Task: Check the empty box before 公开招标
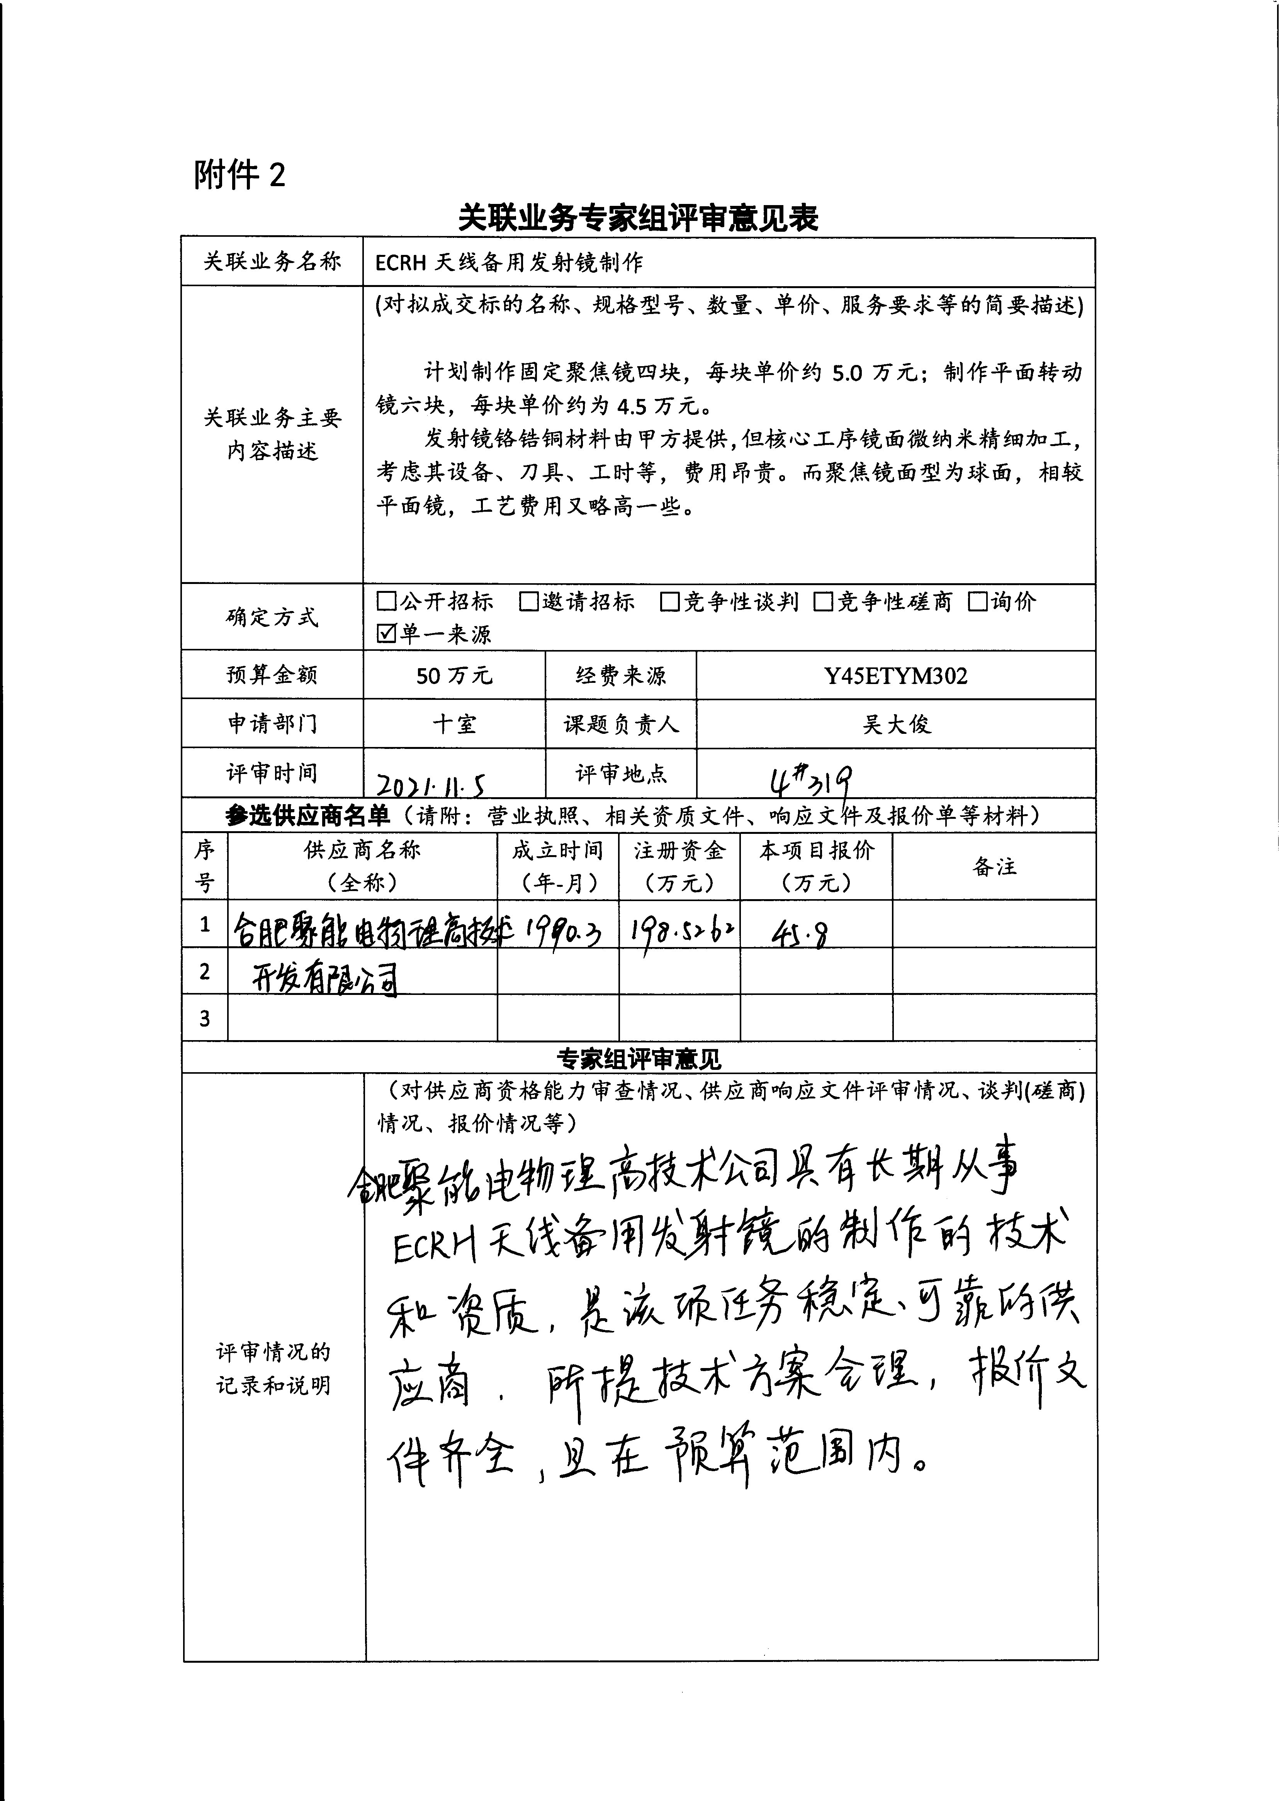pos(386,602)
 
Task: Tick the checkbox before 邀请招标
pos(528,602)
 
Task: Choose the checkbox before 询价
pos(977,602)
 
